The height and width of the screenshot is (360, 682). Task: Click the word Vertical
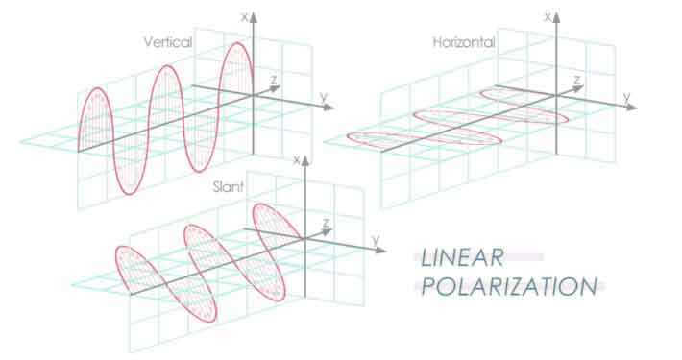pyautogui.click(x=167, y=42)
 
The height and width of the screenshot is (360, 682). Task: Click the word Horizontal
pyautogui.click(x=463, y=42)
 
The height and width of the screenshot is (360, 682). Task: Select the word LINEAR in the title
pyautogui.click(x=462, y=257)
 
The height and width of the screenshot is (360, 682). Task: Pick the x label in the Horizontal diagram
pyautogui.click(x=545, y=16)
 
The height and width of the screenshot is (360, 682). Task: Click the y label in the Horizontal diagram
pyautogui.click(x=626, y=96)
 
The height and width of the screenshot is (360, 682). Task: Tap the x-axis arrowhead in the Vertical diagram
pyautogui.click(x=254, y=15)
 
